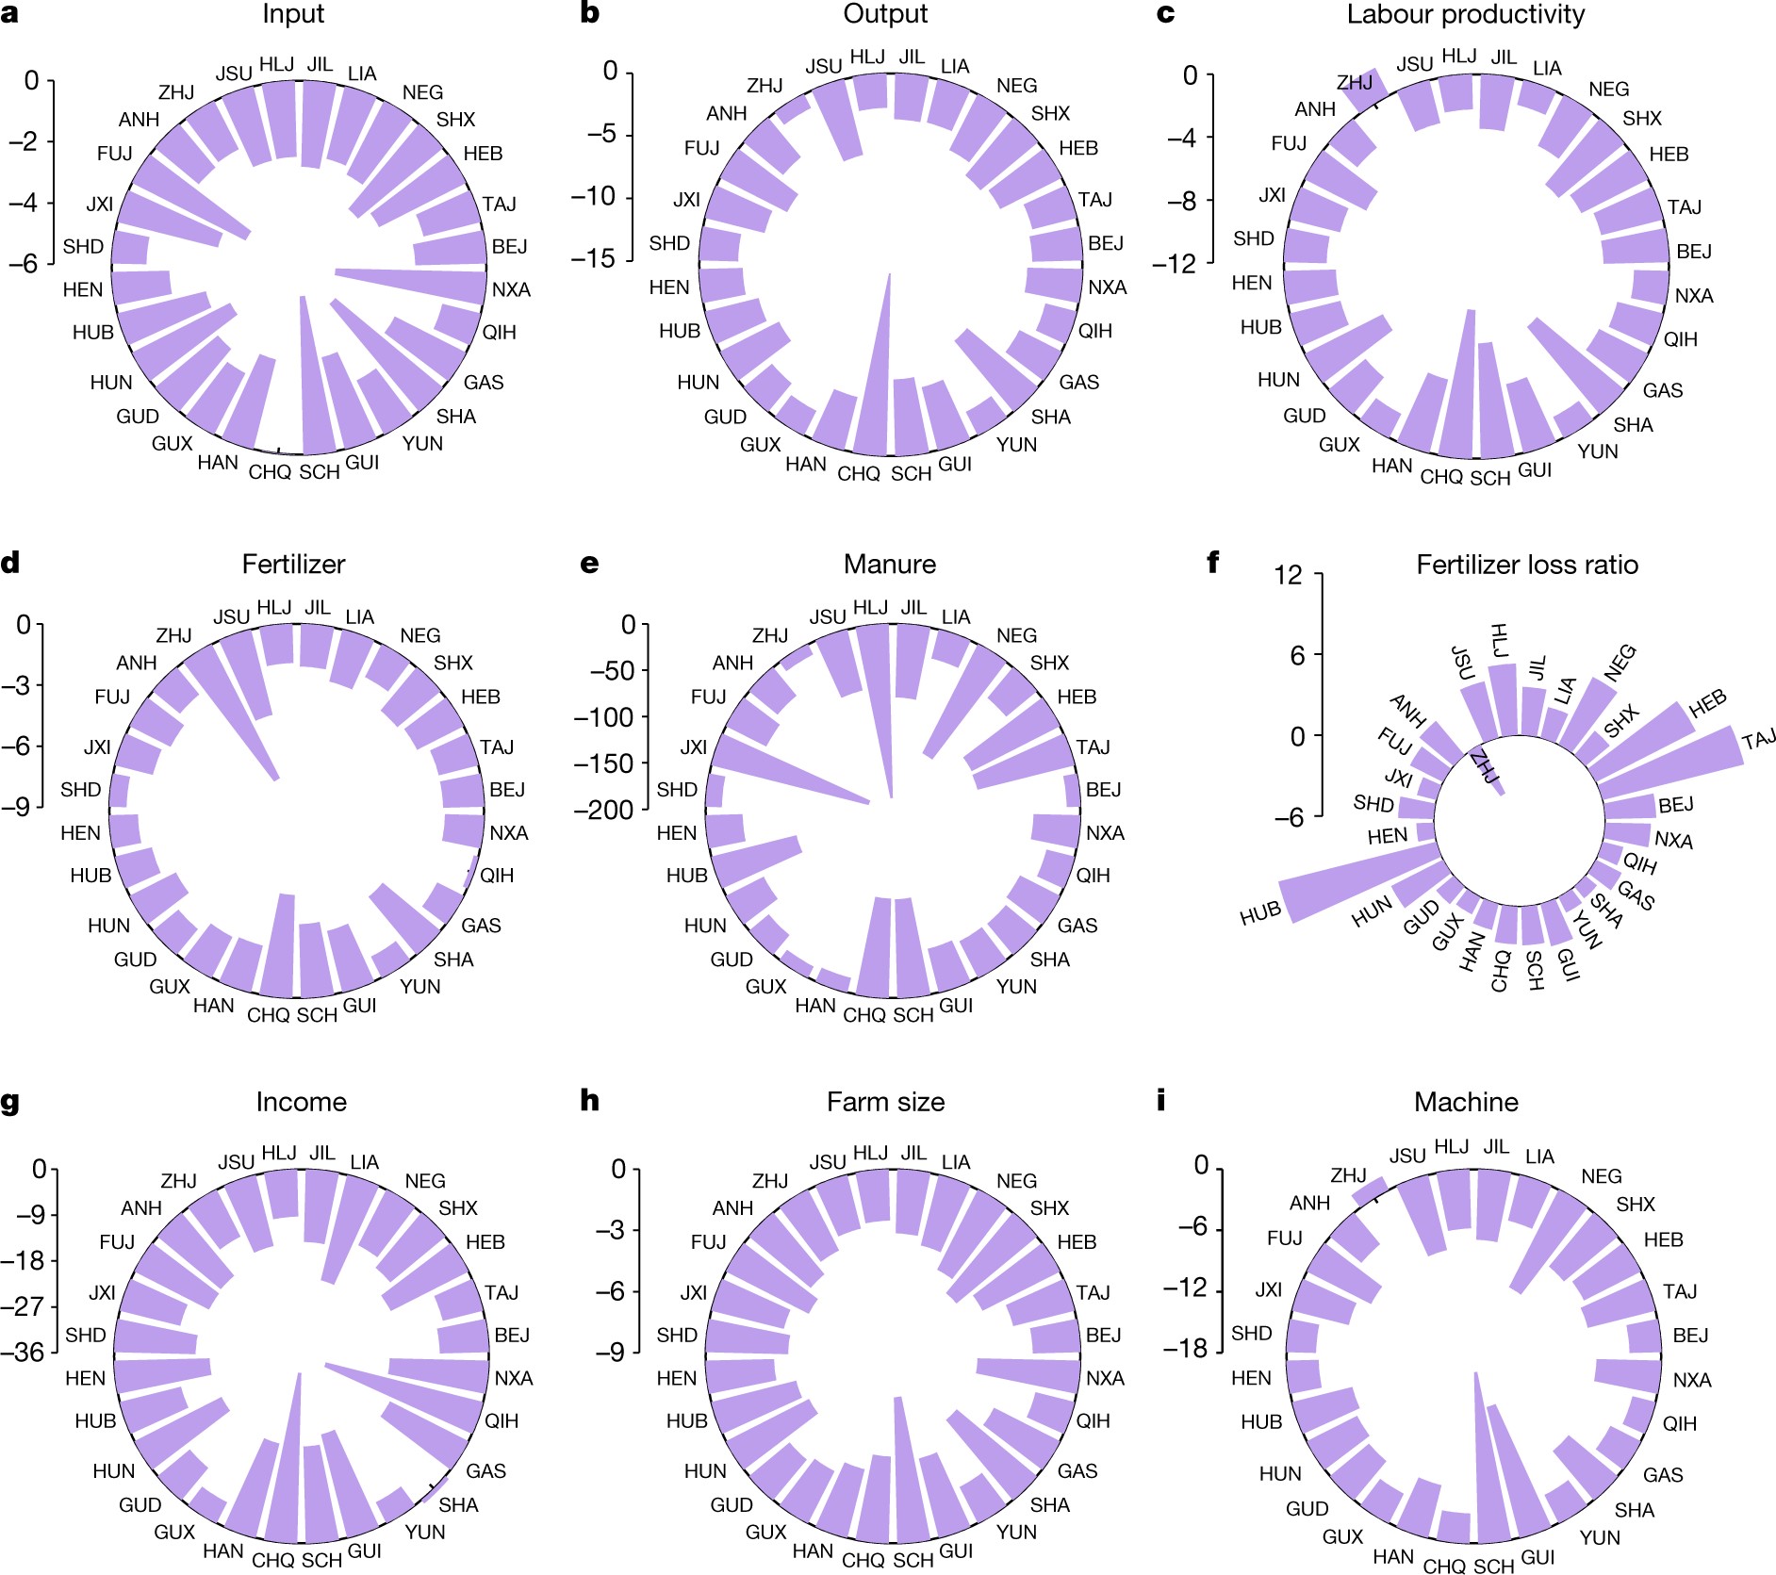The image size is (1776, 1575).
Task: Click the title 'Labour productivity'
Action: click(1465, 15)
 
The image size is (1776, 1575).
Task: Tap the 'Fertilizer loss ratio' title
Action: click(1526, 565)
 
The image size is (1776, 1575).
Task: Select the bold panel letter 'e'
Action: click(589, 564)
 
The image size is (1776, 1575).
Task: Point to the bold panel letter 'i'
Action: click(1160, 1100)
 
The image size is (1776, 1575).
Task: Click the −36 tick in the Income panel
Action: click(24, 1352)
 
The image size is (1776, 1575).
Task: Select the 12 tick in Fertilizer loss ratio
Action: click(1288, 574)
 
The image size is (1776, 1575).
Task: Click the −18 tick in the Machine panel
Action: click(1185, 1348)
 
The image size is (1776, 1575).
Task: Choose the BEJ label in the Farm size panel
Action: click(1104, 1335)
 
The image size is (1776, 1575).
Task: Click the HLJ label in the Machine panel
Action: click(1452, 1146)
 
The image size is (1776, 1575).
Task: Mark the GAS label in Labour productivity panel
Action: click(1662, 390)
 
